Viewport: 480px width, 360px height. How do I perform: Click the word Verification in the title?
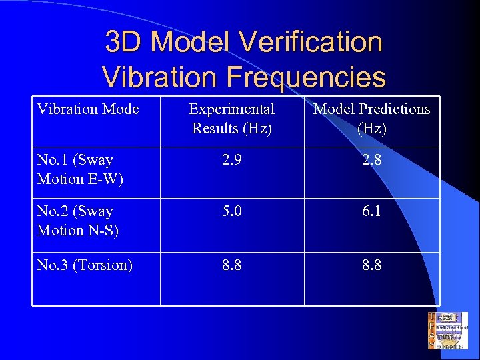[313, 43]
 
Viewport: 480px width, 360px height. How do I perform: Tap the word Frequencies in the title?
[306, 77]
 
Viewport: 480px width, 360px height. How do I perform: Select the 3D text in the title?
[125, 43]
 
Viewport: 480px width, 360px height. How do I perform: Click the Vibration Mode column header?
[88, 109]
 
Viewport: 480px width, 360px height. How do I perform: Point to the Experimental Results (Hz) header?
[232, 118]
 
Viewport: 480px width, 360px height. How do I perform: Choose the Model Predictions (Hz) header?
[372, 118]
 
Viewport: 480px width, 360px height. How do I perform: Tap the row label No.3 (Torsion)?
[85, 265]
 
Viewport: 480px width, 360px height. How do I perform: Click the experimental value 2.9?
[232, 160]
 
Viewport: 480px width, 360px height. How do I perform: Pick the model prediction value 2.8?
[372, 160]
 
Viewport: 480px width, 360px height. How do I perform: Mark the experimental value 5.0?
[232, 211]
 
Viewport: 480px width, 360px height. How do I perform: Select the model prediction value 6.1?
[372, 211]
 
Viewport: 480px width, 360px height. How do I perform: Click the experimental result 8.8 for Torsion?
[232, 265]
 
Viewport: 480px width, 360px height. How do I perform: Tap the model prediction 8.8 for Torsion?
[372, 265]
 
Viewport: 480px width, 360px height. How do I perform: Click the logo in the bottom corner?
[448, 330]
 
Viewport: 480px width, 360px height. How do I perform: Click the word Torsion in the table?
[103, 265]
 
